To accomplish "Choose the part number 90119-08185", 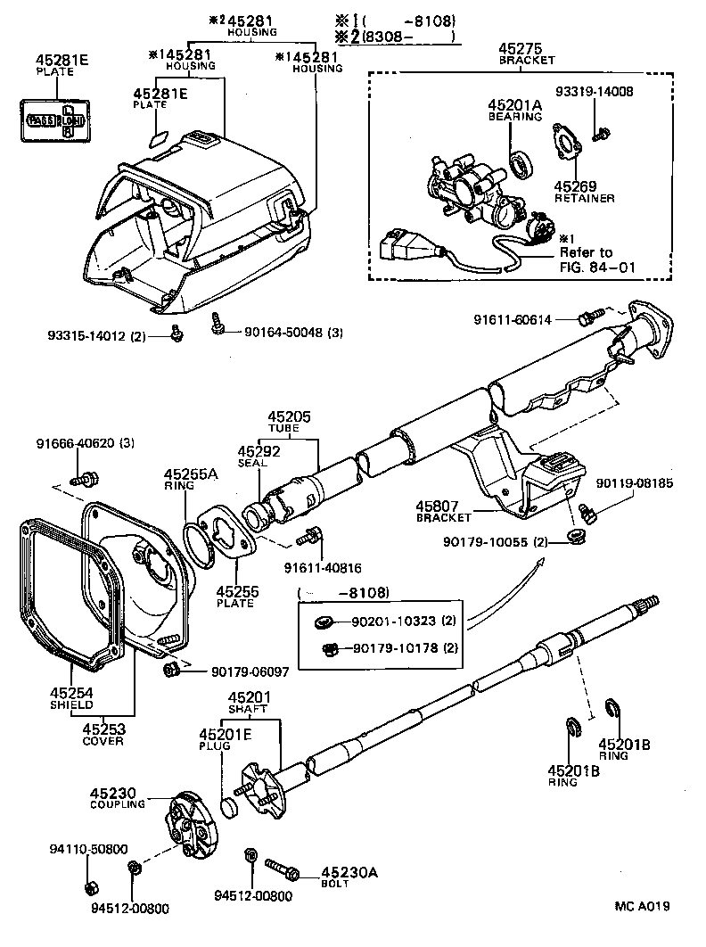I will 635,483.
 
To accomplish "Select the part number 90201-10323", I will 387,621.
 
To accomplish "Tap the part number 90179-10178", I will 387,647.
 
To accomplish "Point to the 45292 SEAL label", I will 259,457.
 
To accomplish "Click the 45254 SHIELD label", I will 70,697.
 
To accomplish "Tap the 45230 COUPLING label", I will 117,797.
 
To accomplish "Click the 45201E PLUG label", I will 218,740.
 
